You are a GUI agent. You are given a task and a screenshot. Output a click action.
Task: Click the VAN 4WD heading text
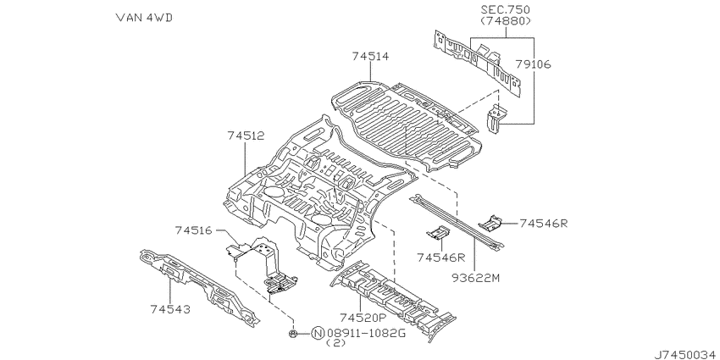tap(144, 18)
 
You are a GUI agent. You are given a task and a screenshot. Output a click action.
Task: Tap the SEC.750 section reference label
tap(506, 9)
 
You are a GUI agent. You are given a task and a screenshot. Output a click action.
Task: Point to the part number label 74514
tap(370, 57)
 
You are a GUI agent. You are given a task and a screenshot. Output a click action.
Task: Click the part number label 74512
tap(246, 136)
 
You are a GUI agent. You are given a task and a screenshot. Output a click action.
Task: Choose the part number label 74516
tap(193, 230)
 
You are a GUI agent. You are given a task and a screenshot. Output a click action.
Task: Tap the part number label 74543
tap(170, 309)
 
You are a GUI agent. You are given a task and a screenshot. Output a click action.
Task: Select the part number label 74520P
tap(362, 318)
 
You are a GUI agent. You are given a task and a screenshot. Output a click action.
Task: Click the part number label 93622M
tap(476, 279)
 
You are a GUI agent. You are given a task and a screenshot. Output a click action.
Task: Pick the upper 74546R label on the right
tap(544, 224)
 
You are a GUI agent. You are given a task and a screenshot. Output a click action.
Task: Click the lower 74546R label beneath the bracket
tap(441, 258)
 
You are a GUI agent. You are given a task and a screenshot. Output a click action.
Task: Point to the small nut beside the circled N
tap(292, 334)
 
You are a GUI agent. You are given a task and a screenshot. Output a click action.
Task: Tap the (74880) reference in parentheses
tap(506, 20)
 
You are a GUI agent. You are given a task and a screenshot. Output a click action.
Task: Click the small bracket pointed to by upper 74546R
tap(490, 222)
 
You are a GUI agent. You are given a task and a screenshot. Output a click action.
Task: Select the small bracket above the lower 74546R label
tap(438, 233)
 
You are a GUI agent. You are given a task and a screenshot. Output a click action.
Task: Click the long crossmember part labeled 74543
tap(199, 285)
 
